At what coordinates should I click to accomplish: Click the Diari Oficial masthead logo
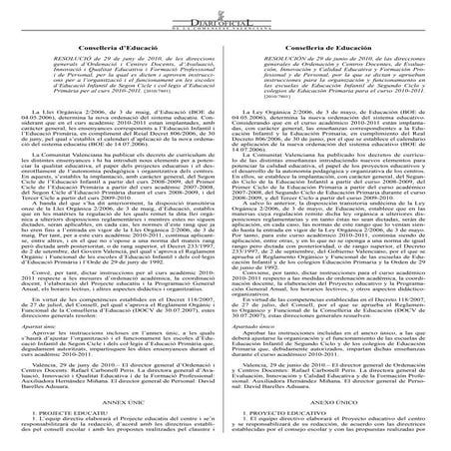pos(225,15)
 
